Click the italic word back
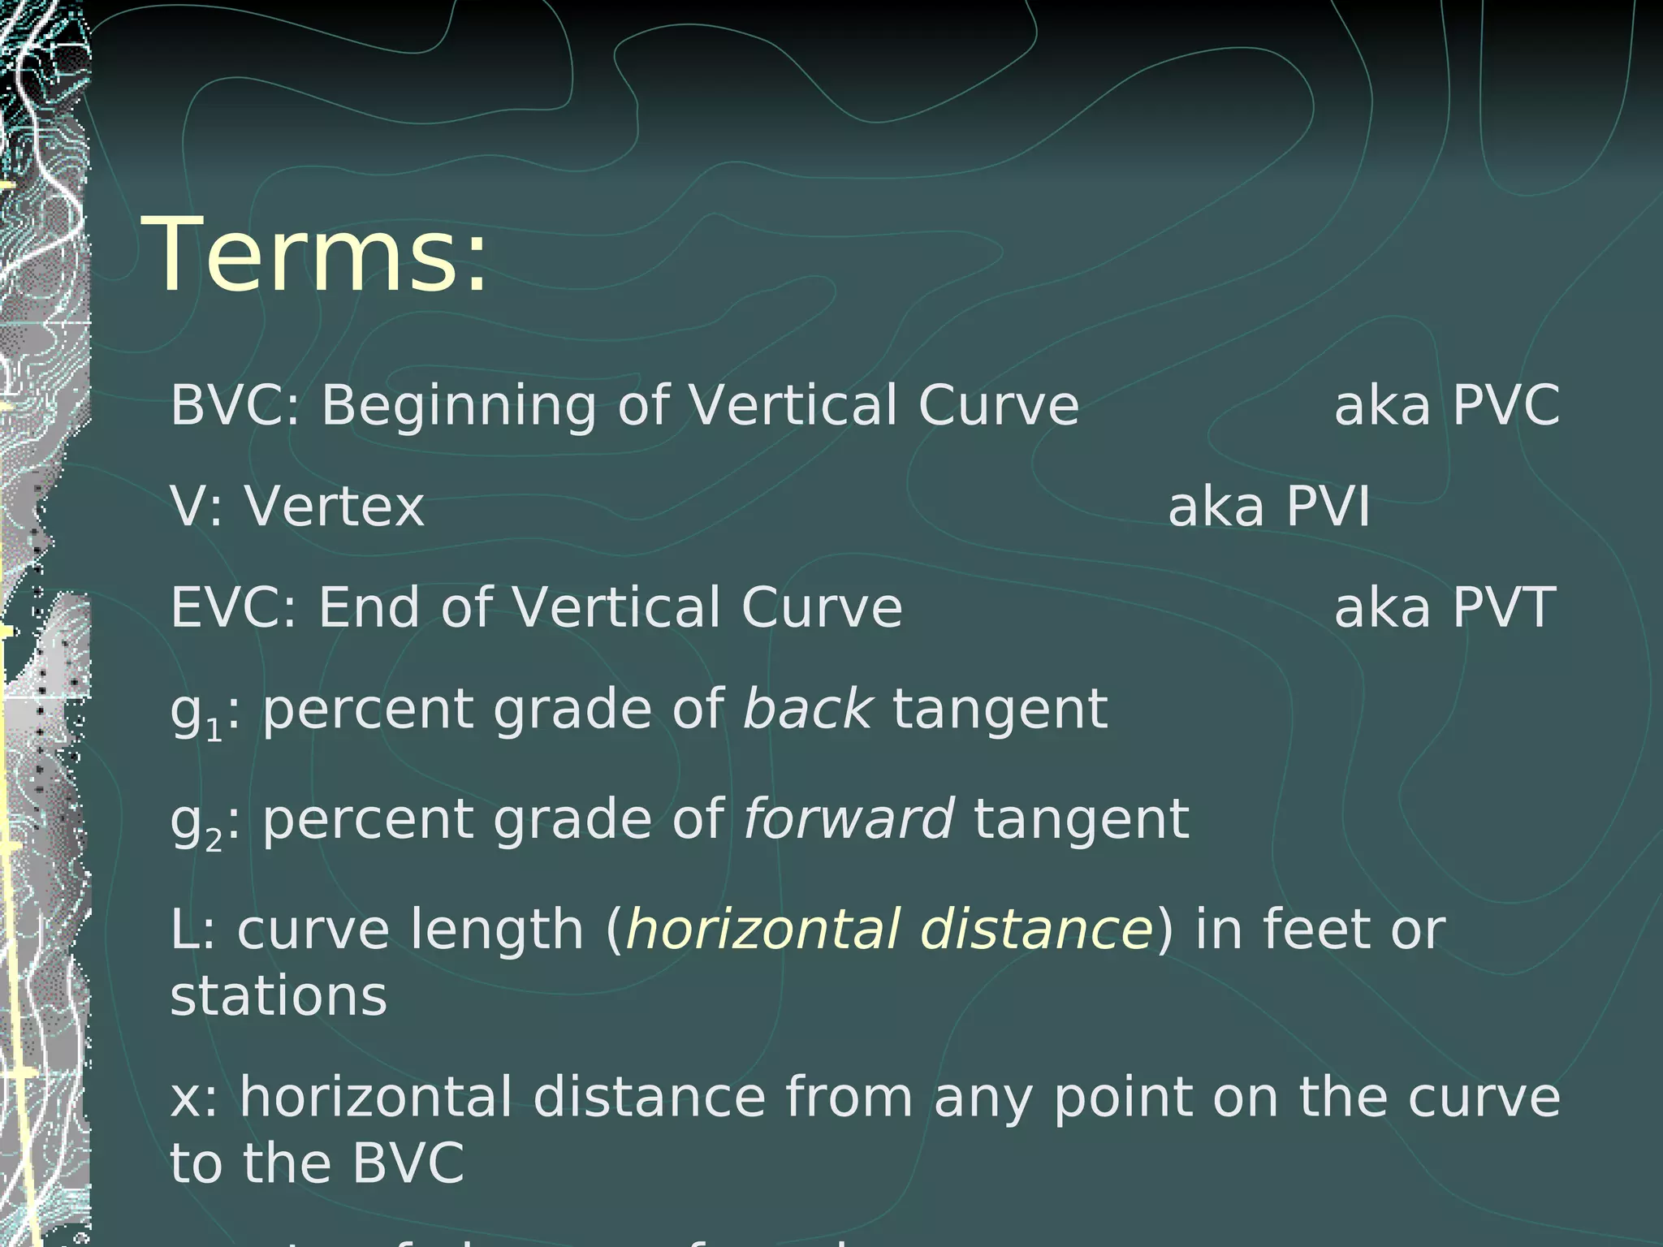(x=807, y=709)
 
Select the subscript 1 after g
(x=214, y=730)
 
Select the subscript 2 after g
(x=214, y=839)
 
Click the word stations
(x=279, y=997)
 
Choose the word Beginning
(x=459, y=406)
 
